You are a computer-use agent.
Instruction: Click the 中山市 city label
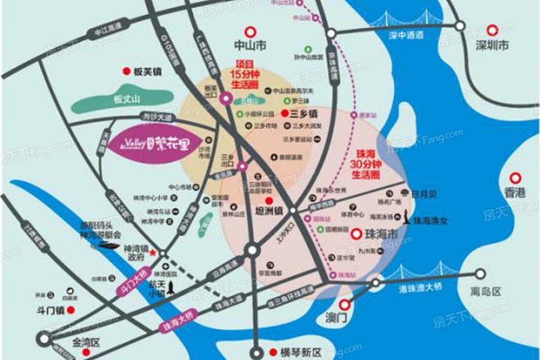250,46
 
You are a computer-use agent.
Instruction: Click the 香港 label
515,193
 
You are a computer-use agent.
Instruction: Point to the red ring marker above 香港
515,178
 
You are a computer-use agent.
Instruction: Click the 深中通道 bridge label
406,35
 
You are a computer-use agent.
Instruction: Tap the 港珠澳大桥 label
421,288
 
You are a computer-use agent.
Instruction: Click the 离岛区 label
485,291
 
